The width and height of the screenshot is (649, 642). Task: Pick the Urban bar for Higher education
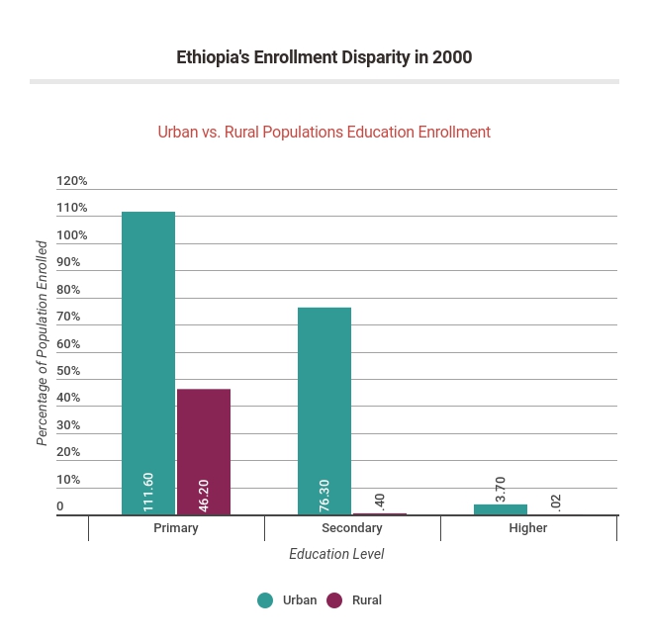pyautogui.click(x=501, y=509)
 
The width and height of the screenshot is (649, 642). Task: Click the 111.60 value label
pyautogui.click(x=148, y=491)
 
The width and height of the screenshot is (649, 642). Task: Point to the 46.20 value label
pyautogui.click(x=204, y=495)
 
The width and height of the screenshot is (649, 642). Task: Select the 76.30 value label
pyautogui.click(x=324, y=495)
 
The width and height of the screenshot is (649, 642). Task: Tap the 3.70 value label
pyautogui.click(x=501, y=489)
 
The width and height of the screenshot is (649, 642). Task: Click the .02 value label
pyautogui.click(x=556, y=502)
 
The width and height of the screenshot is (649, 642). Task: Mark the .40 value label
pyautogui.click(x=380, y=501)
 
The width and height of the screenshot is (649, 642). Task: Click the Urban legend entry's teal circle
pyautogui.click(x=265, y=599)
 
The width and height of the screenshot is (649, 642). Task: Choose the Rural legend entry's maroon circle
pyautogui.click(x=334, y=599)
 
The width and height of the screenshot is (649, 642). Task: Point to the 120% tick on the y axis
pyautogui.click(x=72, y=181)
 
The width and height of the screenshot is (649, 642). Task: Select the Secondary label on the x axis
pyautogui.click(x=352, y=528)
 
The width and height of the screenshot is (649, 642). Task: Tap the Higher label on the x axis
pyautogui.click(x=528, y=528)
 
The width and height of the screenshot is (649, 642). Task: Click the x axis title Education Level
pyautogui.click(x=336, y=554)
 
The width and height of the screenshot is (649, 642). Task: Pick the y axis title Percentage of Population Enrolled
pyautogui.click(x=43, y=342)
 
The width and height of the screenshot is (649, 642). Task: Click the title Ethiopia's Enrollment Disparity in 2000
pyautogui.click(x=324, y=57)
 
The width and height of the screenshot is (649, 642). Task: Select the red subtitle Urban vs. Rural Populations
pyautogui.click(x=324, y=132)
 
